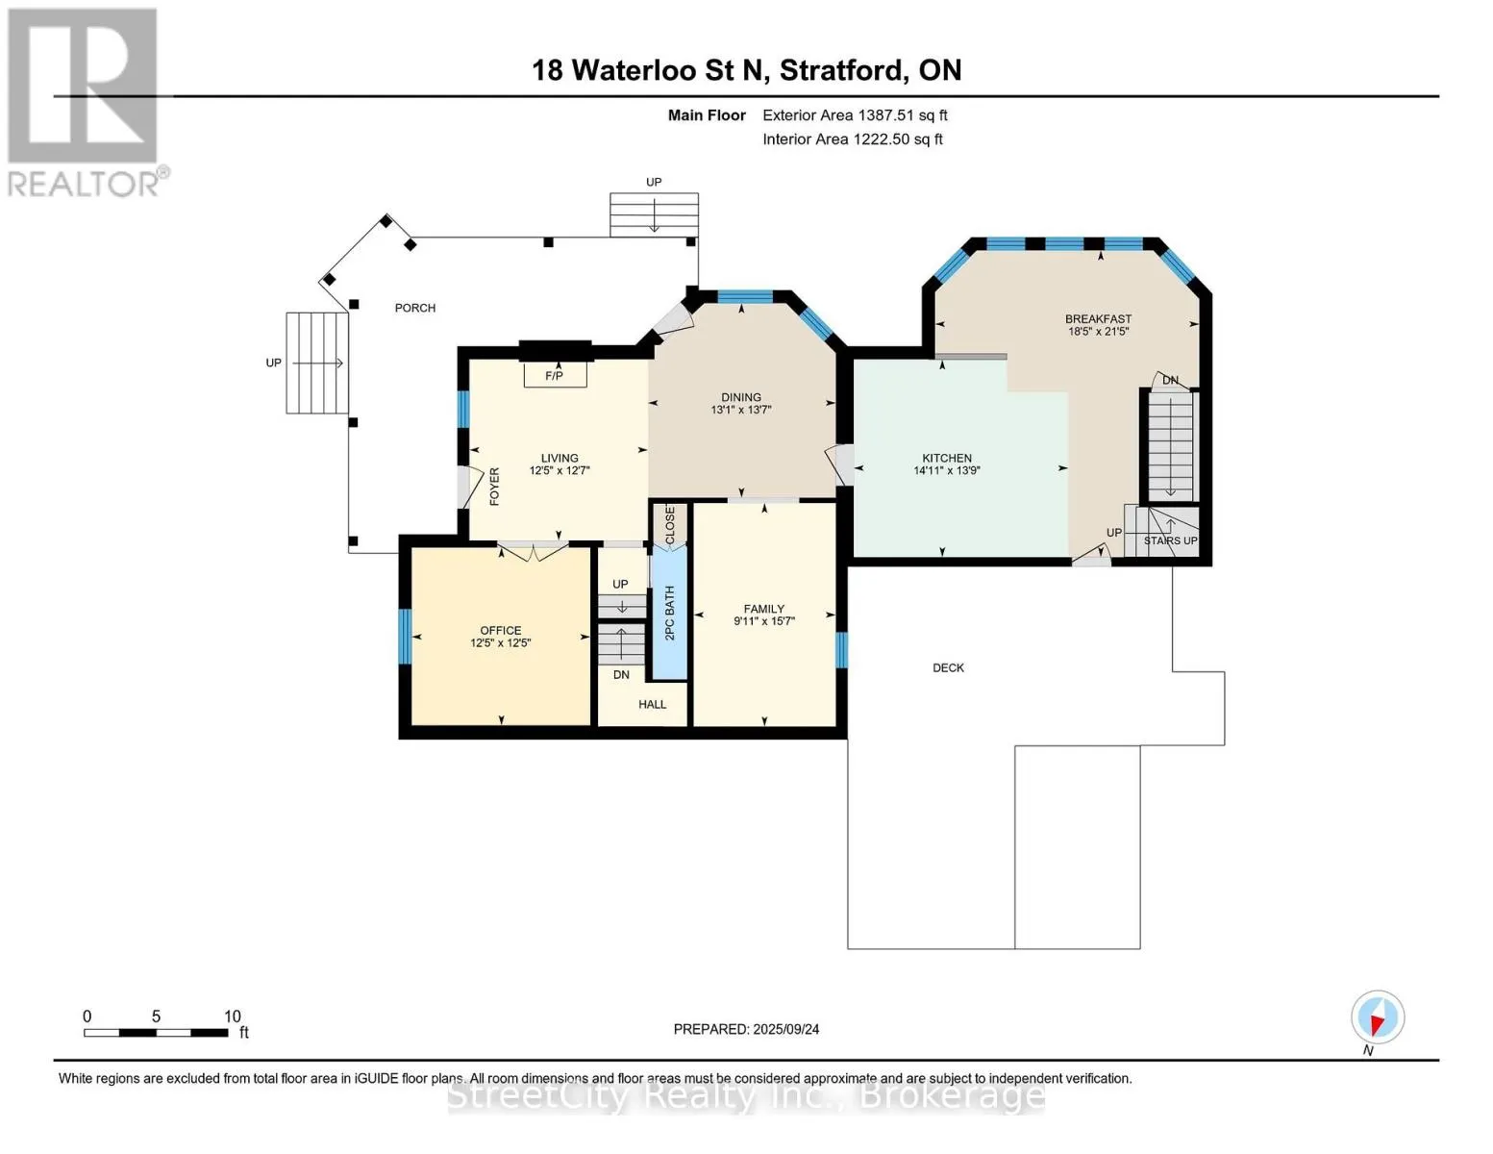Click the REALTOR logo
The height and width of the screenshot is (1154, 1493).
[x=84, y=101]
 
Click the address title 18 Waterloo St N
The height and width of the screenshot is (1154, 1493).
[x=746, y=70]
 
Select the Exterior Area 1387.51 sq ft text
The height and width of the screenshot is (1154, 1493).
[x=855, y=115]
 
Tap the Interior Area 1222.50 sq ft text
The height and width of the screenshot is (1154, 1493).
[x=852, y=139]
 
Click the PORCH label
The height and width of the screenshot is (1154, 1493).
[x=415, y=308]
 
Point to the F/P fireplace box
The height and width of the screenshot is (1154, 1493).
[x=555, y=375]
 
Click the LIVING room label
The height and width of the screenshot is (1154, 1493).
[x=560, y=459]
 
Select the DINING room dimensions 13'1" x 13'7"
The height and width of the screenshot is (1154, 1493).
[x=741, y=410]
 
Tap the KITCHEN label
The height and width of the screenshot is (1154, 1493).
[x=947, y=459]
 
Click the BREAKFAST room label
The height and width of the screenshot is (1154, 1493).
[x=1098, y=319]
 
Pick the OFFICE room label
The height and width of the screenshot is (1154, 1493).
[x=501, y=631]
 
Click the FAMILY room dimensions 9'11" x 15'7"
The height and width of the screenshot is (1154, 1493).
[x=764, y=621]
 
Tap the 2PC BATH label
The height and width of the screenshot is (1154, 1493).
[x=670, y=613]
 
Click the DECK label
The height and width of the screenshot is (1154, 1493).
[x=948, y=667]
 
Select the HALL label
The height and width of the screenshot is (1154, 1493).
[x=652, y=705]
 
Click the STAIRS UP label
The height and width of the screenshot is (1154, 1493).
[x=1170, y=540]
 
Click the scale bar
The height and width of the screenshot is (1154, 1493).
[x=156, y=1033]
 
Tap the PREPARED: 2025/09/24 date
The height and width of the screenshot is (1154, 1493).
[x=746, y=1029]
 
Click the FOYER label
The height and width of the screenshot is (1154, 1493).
[x=495, y=487]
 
